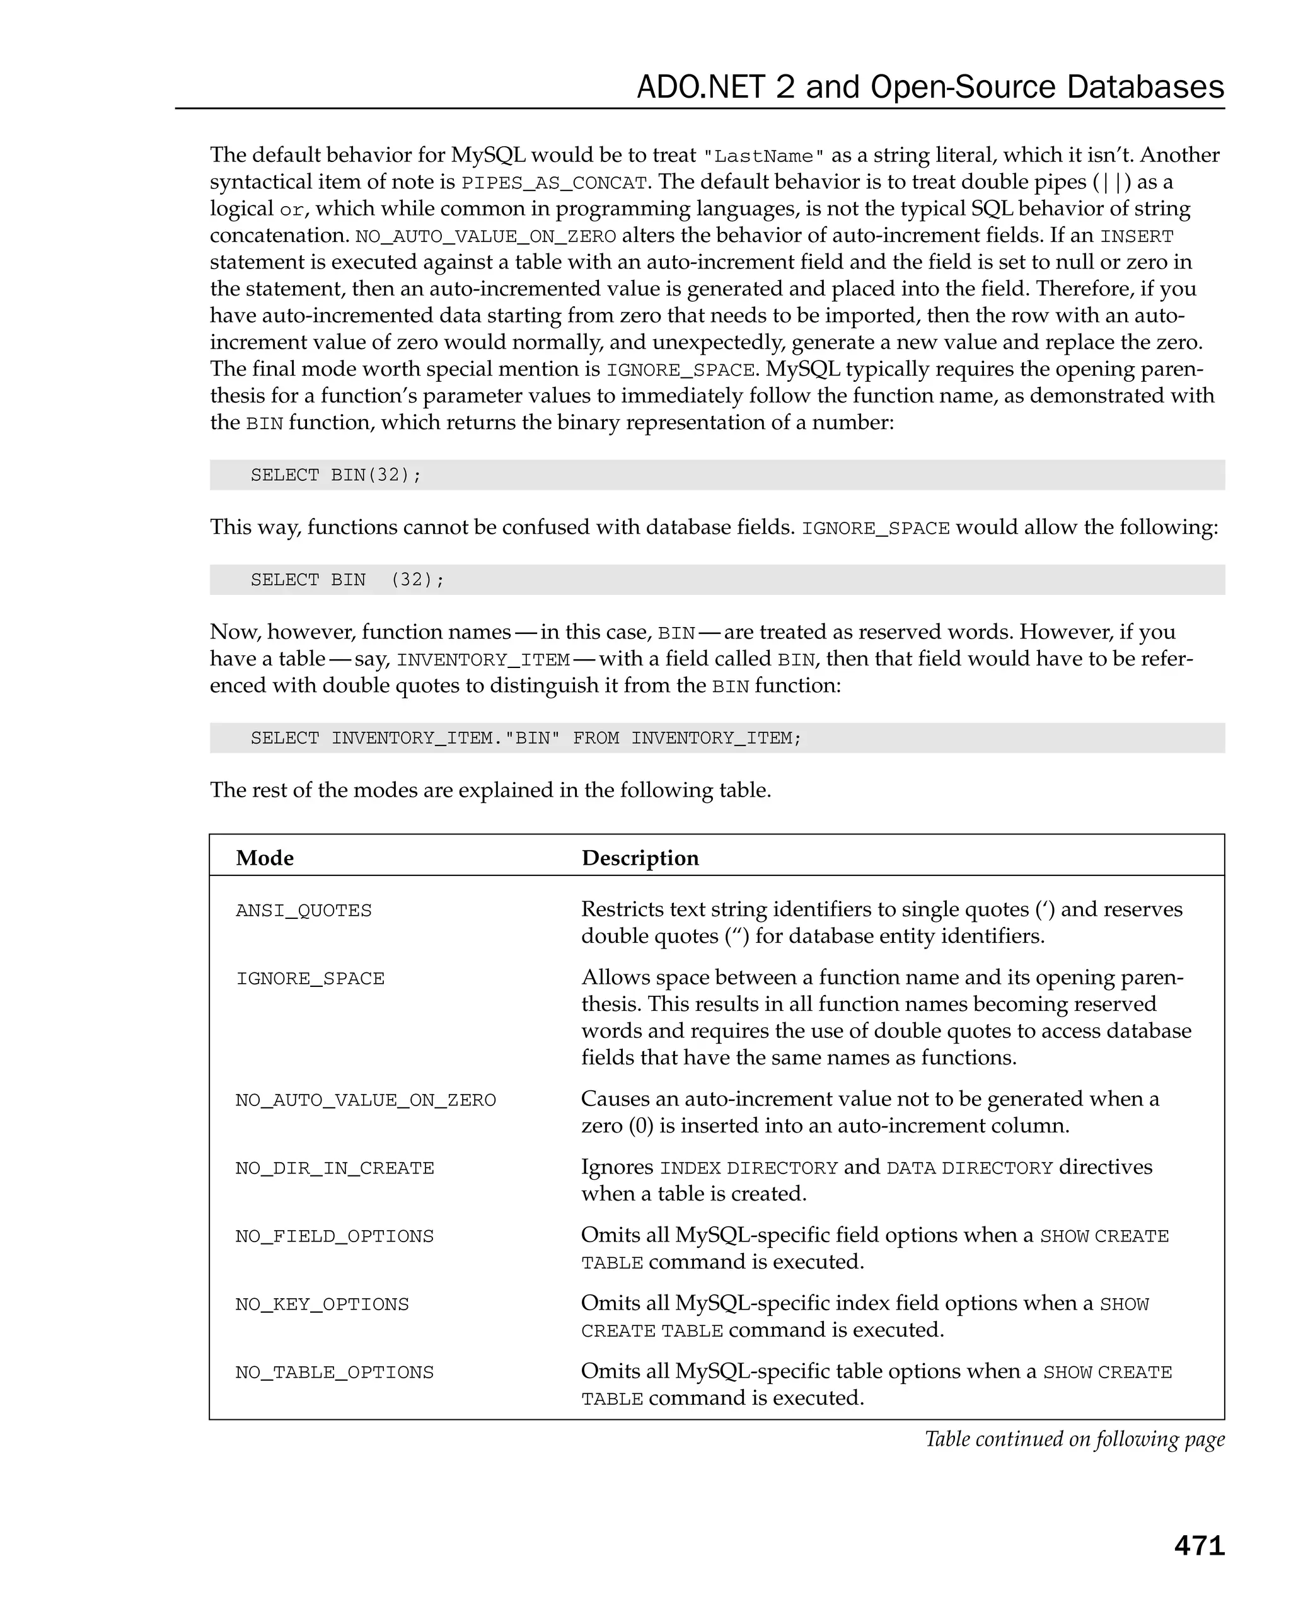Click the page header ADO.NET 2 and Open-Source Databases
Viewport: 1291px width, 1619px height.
(930, 87)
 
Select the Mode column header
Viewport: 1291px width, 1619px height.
(264, 858)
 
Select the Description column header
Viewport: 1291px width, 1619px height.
(640, 858)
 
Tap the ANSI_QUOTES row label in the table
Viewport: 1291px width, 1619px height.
(303, 911)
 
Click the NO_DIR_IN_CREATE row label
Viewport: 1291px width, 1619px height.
(334, 1168)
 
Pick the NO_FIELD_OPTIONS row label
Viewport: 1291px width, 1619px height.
(334, 1236)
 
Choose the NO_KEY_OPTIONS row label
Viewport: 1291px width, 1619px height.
(322, 1305)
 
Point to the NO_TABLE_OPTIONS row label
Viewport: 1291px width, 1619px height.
(334, 1373)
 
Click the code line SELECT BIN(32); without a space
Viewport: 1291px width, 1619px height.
(336, 475)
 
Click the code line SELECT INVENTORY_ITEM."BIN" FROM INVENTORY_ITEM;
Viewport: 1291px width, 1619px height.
(526, 738)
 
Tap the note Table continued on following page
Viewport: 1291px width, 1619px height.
(1074, 1439)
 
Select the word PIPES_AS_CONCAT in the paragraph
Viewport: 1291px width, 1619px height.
(554, 183)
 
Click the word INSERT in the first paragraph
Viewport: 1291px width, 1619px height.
(1137, 236)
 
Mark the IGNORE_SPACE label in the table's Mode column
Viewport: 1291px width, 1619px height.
(310, 979)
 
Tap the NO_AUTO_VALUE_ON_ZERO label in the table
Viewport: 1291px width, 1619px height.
(366, 1101)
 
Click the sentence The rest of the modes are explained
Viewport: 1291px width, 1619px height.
(490, 790)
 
